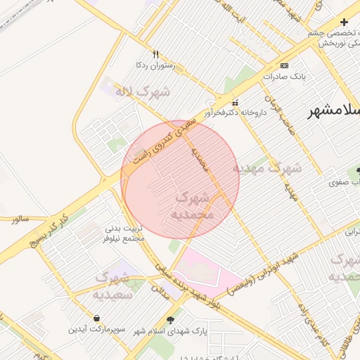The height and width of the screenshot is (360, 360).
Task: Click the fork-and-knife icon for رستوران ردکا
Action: click(x=155, y=54)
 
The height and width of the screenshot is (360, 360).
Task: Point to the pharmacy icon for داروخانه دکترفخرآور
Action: click(x=235, y=101)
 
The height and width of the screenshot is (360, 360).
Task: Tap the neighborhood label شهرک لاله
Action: click(x=144, y=92)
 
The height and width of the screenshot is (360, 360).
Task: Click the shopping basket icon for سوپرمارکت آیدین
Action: click(x=96, y=318)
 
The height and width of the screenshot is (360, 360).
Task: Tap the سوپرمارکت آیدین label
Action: click(x=96, y=329)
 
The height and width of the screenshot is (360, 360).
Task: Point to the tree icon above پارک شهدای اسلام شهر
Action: click(x=169, y=319)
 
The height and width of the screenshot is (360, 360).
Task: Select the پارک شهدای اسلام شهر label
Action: click(x=169, y=330)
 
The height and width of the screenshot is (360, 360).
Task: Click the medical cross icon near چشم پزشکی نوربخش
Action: click(x=344, y=22)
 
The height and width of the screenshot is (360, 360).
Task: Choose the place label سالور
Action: click(x=20, y=219)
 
